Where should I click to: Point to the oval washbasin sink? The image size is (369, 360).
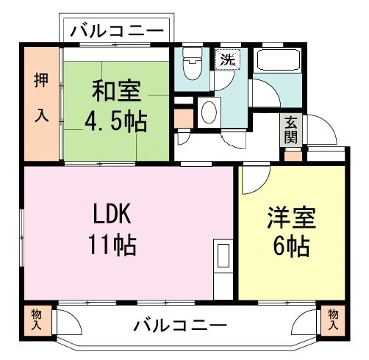pyautogui.click(x=209, y=113)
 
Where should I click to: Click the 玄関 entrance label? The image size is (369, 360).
pyautogui.click(x=291, y=130)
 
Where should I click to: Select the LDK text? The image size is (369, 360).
pyautogui.click(x=112, y=215)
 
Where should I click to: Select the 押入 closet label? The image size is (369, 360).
pyautogui.click(x=40, y=103)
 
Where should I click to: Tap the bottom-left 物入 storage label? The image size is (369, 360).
pyautogui.click(x=37, y=319)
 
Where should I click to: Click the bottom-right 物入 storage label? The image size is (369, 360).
pyautogui.click(x=332, y=319)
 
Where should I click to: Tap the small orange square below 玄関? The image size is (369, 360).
pyautogui.click(x=292, y=155)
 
